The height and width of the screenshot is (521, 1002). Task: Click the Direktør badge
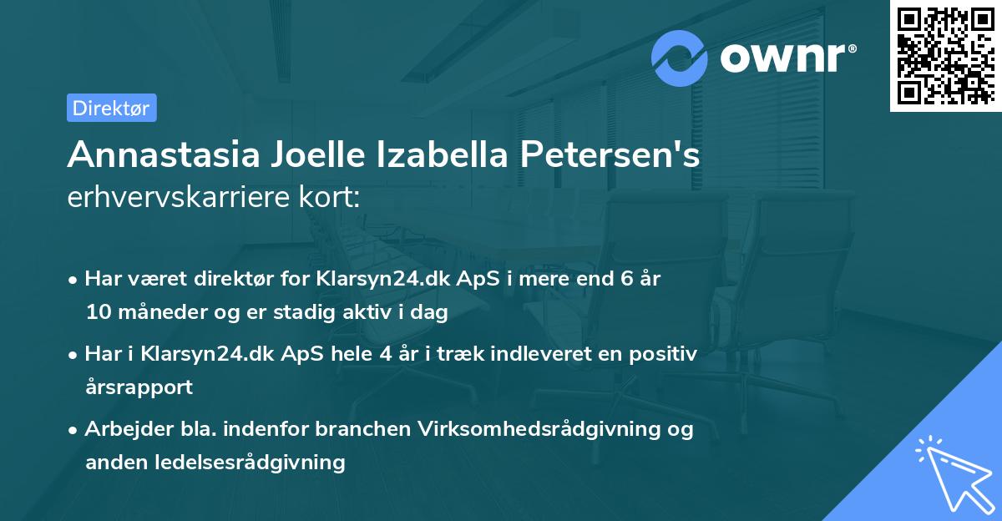pos(111,108)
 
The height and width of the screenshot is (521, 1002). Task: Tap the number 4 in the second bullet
pos(385,354)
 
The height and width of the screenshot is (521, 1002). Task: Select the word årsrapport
pos(139,387)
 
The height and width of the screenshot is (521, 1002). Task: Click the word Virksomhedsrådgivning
pos(552,429)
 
